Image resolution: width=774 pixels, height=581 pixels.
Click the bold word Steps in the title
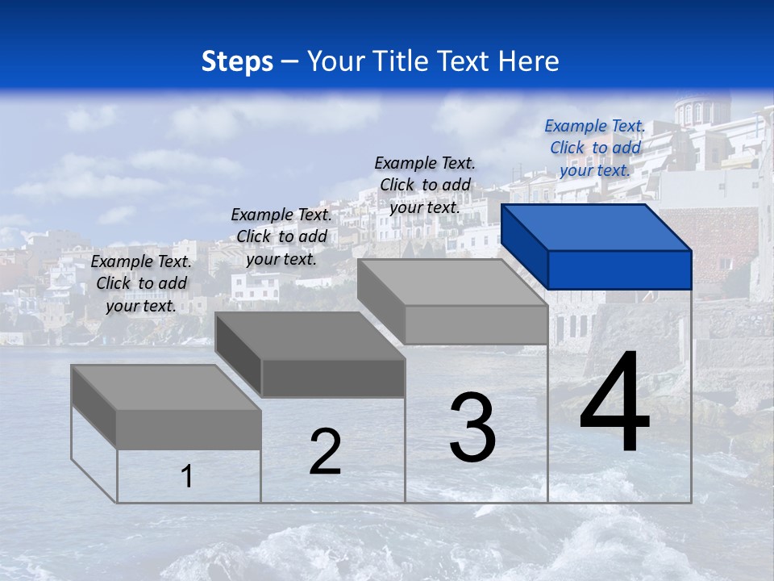237,61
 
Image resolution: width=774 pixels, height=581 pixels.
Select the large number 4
614,403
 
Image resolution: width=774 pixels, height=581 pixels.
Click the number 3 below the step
472,428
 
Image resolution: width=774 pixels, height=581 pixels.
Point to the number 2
325,452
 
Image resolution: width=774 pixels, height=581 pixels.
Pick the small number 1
187,476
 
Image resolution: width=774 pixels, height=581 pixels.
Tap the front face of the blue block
619,270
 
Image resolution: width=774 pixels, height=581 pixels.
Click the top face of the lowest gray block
165,387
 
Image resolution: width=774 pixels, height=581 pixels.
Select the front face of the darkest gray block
333,378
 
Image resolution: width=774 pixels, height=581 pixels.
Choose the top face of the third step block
451,282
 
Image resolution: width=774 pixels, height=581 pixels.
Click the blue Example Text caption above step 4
595,148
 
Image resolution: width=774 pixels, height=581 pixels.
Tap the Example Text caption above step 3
425,185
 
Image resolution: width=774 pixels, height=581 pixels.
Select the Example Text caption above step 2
281,236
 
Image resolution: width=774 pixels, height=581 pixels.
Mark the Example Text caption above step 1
141,283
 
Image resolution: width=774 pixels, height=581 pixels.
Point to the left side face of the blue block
524,246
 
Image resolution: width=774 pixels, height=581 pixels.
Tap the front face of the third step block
476,325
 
